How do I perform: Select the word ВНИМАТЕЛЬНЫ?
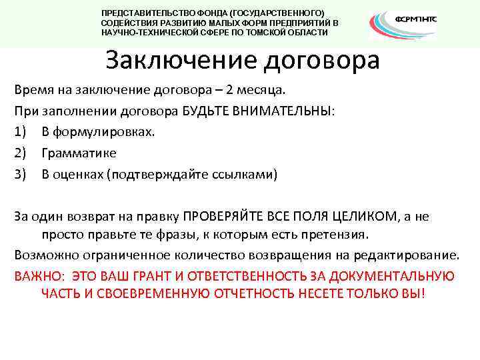pyautogui.click(x=281, y=111)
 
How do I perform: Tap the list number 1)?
pyautogui.click(x=21, y=132)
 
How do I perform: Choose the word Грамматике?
pyautogui.click(x=79, y=153)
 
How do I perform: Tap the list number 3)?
pyautogui.click(x=21, y=175)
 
